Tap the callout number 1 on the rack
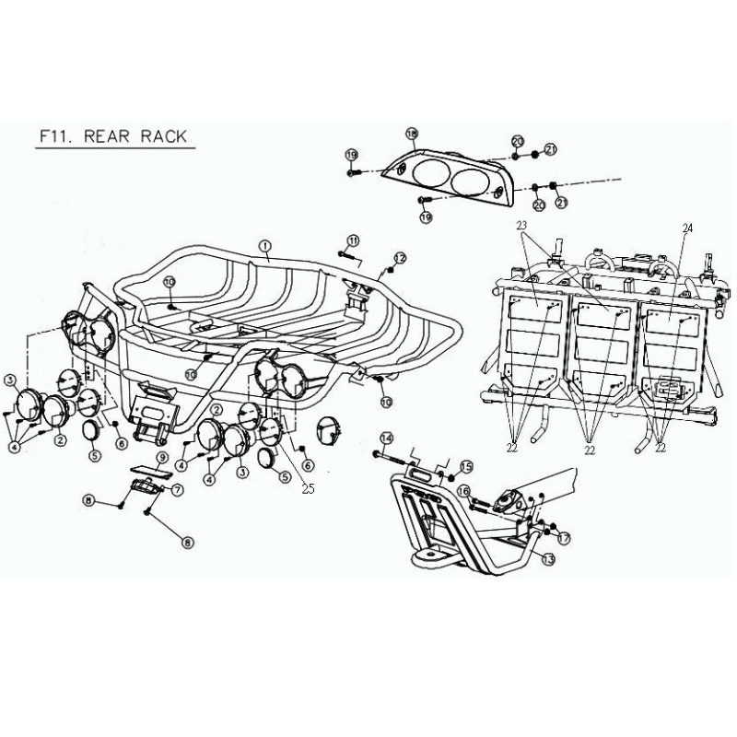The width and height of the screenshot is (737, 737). pyautogui.click(x=264, y=246)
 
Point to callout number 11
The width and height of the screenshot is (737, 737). pyautogui.click(x=353, y=240)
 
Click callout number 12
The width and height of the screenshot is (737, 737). pyautogui.click(x=400, y=257)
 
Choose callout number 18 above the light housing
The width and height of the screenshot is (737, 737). pyautogui.click(x=412, y=134)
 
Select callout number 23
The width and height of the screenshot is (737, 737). pyautogui.click(x=521, y=225)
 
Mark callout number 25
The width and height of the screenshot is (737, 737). pyautogui.click(x=308, y=490)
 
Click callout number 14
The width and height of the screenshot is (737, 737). pyautogui.click(x=386, y=438)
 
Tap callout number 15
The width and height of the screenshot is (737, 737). pyautogui.click(x=465, y=466)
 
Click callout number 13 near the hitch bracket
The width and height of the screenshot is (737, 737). pyautogui.click(x=547, y=559)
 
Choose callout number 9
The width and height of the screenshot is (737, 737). pyautogui.click(x=161, y=458)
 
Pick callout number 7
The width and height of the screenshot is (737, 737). pyautogui.click(x=177, y=489)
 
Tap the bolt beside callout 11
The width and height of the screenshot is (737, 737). pyautogui.click(x=347, y=253)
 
